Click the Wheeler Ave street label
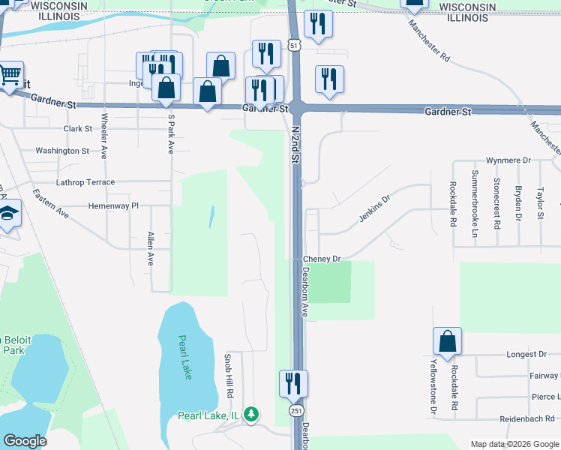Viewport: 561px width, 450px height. pos(105,136)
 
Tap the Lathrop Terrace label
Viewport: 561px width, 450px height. pos(86,182)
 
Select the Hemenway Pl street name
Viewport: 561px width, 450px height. pos(114,205)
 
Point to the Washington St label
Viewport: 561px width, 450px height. pos(62,151)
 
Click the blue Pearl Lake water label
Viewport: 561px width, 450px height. pos(185,357)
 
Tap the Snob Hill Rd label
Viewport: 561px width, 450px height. pos(230,376)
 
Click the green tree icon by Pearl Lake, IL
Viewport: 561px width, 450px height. pos(253,414)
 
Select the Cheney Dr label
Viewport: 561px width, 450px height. pos(322,259)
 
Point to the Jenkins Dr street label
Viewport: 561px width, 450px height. pos(375,209)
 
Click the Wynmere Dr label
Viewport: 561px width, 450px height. pos(508,160)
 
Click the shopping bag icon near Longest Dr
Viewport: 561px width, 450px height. pos(447,342)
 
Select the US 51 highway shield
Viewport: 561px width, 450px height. pos(296,46)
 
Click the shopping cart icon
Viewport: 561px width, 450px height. pos(10,75)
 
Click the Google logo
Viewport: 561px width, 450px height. pos(25,441)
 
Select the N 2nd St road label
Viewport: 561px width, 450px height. pos(295,145)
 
